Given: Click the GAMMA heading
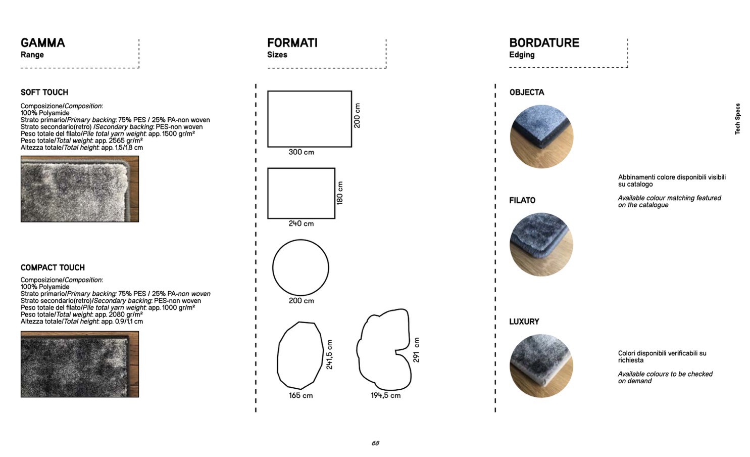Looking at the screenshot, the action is pos(43,43).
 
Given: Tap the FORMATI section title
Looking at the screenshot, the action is pos(292,43).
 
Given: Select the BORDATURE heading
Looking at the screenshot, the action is pos(544,43).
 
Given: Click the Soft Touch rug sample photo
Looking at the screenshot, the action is pos(80,189).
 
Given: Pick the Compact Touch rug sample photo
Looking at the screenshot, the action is pos(80,364).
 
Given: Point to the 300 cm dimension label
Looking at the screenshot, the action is pos(302,152).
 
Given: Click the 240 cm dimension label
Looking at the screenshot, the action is pos(302,223).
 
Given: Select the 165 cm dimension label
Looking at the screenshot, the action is pos(301,396).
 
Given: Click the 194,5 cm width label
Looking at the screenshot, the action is pos(385,395).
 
